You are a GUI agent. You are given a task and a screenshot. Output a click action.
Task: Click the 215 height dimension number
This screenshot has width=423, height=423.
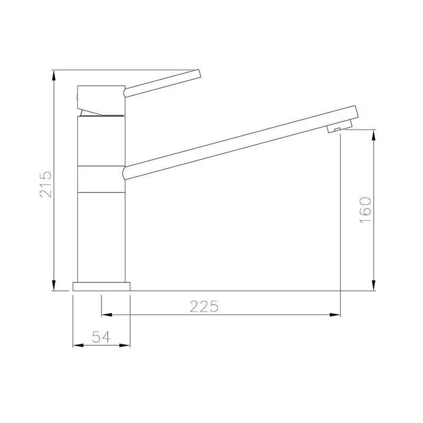click(x=45, y=184)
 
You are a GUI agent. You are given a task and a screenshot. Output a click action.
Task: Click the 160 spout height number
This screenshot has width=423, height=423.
click(x=365, y=210)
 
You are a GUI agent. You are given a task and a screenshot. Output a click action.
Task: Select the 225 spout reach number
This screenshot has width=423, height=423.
click(x=204, y=307)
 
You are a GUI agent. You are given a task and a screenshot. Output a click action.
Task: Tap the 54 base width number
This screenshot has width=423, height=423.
click(x=101, y=337)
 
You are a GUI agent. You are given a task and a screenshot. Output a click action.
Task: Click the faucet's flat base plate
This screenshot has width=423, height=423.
click(x=102, y=287)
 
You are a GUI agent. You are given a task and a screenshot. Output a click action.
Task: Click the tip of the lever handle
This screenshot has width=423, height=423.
click(x=199, y=74)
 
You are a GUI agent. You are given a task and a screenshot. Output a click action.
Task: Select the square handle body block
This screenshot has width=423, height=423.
click(x=101, y=100)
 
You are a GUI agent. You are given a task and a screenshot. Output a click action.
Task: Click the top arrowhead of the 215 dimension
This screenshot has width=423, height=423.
click(x=54, y=76)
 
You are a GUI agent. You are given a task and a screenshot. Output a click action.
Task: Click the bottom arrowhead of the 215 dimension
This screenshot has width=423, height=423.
click(x=54, y=286)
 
